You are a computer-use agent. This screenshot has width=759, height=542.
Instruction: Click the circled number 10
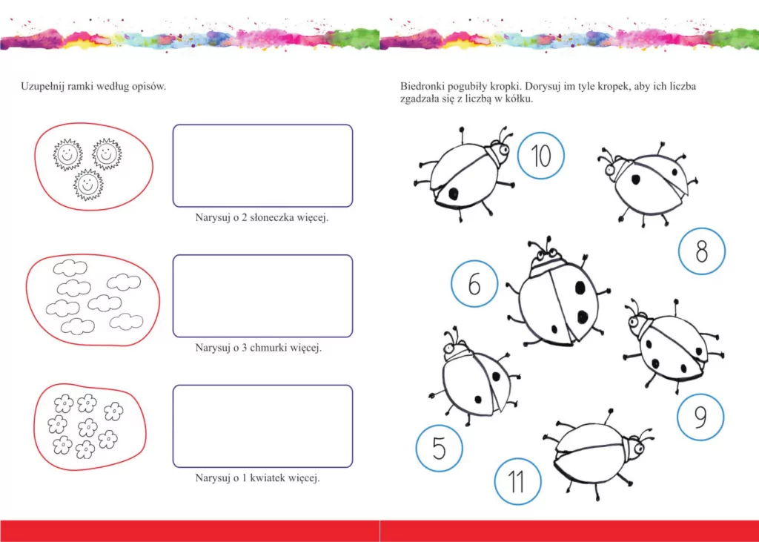tap(541, 156)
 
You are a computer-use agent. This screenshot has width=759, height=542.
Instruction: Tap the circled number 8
tap(701, 252)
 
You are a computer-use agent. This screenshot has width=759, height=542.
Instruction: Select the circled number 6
tap(474, 284)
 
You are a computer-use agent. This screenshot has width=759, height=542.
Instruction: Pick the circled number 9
tap(700, 417)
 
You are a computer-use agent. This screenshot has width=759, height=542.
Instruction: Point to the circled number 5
tap(439, 448)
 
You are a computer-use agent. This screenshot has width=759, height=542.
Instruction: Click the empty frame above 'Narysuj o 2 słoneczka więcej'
tap(262, 165)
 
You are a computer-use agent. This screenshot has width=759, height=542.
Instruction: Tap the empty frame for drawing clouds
tap(262, 295)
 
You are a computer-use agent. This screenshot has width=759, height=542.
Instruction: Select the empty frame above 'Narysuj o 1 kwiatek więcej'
tap(262, 426)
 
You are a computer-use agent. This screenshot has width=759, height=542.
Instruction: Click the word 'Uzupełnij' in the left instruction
tap(42, 87)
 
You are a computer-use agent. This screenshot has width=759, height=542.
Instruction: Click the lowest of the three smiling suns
tap(88, 184)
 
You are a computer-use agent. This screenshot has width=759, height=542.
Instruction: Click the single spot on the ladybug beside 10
tap(452, 193)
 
